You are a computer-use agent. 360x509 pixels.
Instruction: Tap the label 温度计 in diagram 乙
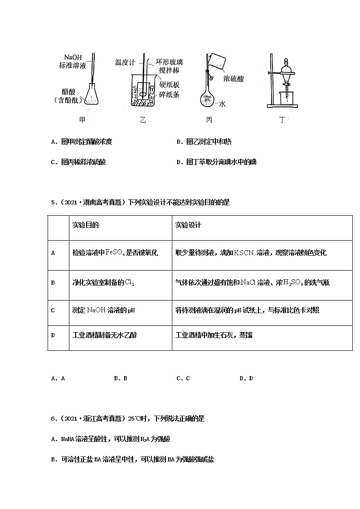click(125, 62)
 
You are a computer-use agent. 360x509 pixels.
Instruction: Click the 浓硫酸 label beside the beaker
click(234, 78)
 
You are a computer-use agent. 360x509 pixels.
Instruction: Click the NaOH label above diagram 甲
click(73, 57)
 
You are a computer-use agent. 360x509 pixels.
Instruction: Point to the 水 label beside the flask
click(223, 104)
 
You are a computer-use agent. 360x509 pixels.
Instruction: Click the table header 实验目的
click(86, 225)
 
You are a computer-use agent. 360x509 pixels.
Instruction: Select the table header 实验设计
click(188, 225)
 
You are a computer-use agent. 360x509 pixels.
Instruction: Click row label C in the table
click(53, 310)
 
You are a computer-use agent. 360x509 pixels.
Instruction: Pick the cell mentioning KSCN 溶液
click(251, 253)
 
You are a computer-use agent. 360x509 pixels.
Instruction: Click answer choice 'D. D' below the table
click(246, 378)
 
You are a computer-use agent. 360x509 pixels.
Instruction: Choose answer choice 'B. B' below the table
click(121, 378)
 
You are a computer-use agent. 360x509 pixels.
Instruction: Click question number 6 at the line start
click(54, 419)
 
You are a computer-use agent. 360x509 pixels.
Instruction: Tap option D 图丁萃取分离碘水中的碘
click(216, 162)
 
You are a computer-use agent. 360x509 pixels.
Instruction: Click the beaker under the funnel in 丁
click(286, 98)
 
